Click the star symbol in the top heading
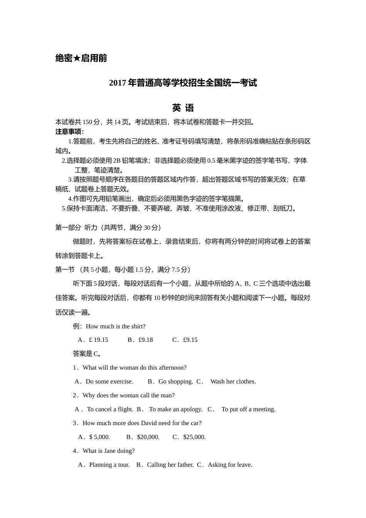click(x=77, y=58)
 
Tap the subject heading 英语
click(x=183, y=108)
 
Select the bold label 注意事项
click(x=69, y=131)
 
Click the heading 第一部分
click(x=68, y=227)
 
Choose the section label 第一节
click(x=65, y=269)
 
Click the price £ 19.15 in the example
click(x=98, y=340)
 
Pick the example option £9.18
click(x=146, y=340)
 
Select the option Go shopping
click(x=175, y=381)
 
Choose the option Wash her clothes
click(x=233, y=381)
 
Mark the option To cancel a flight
click(x=110, y=409)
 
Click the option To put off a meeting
click(x=248, y=409)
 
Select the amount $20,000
click(x=148, y=437)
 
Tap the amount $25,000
click(x=195, y=437)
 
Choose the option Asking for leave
click(x=230, y=464)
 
